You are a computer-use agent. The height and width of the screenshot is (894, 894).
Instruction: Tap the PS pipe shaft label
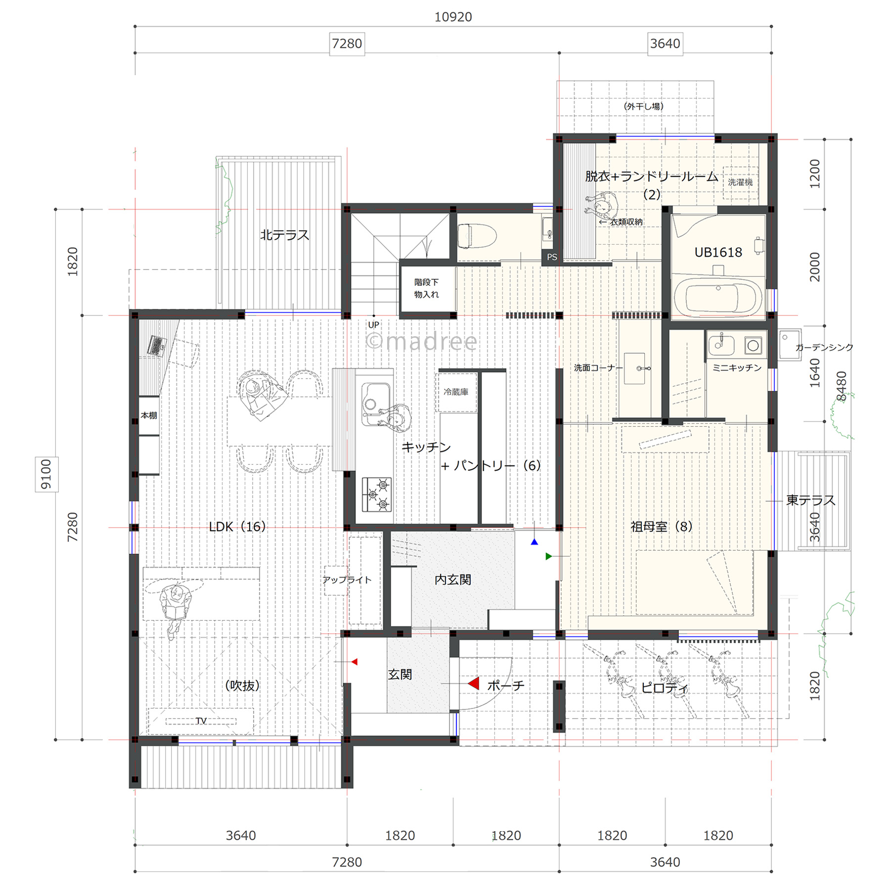tap(552, 257)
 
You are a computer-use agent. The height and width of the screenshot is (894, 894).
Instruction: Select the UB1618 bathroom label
tap(718, 252)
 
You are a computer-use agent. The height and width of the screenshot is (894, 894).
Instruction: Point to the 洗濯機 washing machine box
tap(740, 182)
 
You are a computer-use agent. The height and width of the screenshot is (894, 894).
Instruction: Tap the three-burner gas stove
tap(377, 494)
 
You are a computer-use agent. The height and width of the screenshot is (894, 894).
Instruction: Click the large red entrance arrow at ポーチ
tap(474, 684)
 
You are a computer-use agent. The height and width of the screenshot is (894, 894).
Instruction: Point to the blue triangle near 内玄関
tap(535, 542)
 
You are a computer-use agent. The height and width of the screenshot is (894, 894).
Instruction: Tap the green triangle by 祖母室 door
tap(548, 557)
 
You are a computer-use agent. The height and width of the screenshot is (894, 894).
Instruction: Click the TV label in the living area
tap(201, 721)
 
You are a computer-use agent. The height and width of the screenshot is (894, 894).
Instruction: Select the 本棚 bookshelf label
tap(149, 415)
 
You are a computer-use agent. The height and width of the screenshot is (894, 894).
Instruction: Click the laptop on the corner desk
tap(157, 346)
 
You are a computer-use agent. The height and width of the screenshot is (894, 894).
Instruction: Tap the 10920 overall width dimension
tap(453, 17)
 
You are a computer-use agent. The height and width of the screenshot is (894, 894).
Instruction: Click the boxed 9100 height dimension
tap(46, 474)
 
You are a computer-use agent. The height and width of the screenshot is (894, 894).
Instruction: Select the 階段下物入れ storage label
tap(426, 288)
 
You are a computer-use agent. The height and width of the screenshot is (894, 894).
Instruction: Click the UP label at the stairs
tap(373, 325)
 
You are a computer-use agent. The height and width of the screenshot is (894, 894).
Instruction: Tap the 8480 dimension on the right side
tap(841, 386)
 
